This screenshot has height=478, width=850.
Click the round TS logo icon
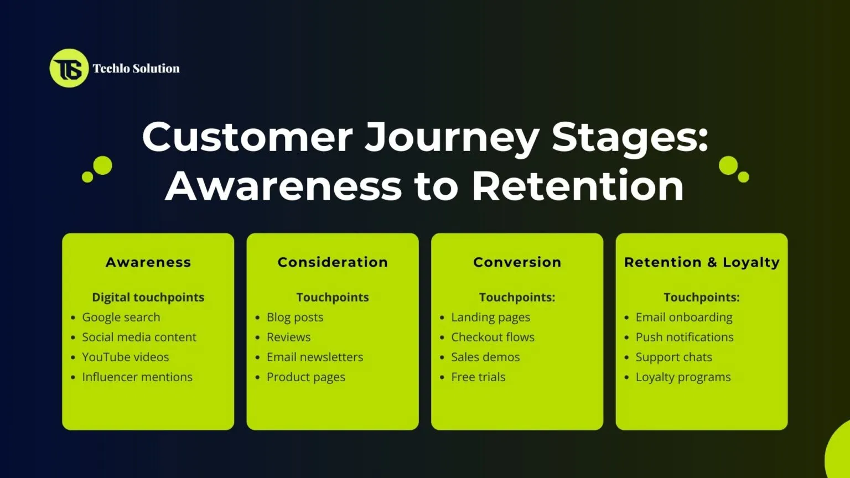point(69,68)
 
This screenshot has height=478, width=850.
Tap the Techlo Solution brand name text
point(136,69)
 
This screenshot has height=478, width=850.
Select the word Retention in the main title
point(578,186)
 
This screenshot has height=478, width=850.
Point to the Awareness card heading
point(148,262)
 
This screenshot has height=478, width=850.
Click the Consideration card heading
point(333,262)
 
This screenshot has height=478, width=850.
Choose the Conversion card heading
point(517,262)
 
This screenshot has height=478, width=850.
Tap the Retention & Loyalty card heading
point(701,262)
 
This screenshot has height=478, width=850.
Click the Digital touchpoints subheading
point(148,297)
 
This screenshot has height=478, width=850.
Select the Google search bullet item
point(121,317)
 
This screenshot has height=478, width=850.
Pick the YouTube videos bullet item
point(126,357)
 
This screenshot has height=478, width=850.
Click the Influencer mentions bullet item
point(137,377)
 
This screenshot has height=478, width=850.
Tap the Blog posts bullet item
point(295,317)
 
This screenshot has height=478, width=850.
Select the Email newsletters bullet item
point(315,357)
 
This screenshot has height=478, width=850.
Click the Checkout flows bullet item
point(493,337)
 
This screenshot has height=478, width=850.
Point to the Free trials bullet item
point(478,377)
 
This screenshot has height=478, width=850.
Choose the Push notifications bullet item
point(685,337)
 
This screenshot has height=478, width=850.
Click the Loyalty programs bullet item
point(683,377)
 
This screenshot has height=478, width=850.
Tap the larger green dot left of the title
point(102,165)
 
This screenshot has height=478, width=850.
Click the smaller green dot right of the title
point(744,177)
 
